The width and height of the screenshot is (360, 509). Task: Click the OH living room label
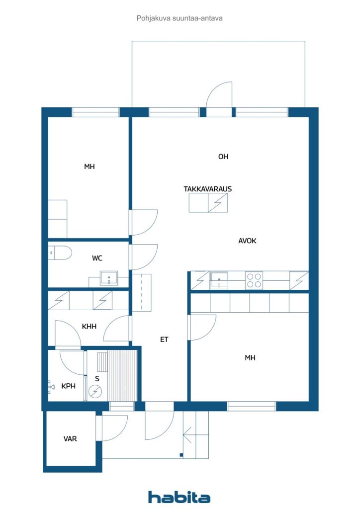pyautogui.click(x=223, y=157)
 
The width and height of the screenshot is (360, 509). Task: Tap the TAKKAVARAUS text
pyautogui.click(x=208, y=188)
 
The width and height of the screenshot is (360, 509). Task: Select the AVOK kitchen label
pyautogui.click(x=247, y=241)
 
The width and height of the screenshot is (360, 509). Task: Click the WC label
pyautogui.click(x=97, y=258)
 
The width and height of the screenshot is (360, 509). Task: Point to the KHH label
pyautogui.click(x=89, y=326)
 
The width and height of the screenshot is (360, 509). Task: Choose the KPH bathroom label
pyautogui.click(x=68, y=386)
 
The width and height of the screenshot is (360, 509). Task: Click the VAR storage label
pyautogui.click(x=70, y=438)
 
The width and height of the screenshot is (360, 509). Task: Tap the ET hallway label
pyautogui.click(x=164, y=339)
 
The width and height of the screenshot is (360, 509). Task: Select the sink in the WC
pyautogui.click(x=109, y=278)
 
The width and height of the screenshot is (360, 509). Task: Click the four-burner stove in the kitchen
pyautogui.click(x=254, y=280)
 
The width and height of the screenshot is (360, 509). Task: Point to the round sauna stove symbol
pyautogui.click(x=95, y=392)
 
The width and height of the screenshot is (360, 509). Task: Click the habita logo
pyautogui.click(x=179, y=497)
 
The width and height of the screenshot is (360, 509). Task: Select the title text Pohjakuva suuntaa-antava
pyautogui.click(x=180, y=18)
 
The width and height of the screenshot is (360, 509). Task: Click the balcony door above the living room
pyautogui.click(x=219, y=97)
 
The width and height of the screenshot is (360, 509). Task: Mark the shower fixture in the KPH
pyautogui.click(x=51, y=385)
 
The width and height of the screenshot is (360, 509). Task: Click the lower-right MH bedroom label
pyautogui.click(x=250, y=357)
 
